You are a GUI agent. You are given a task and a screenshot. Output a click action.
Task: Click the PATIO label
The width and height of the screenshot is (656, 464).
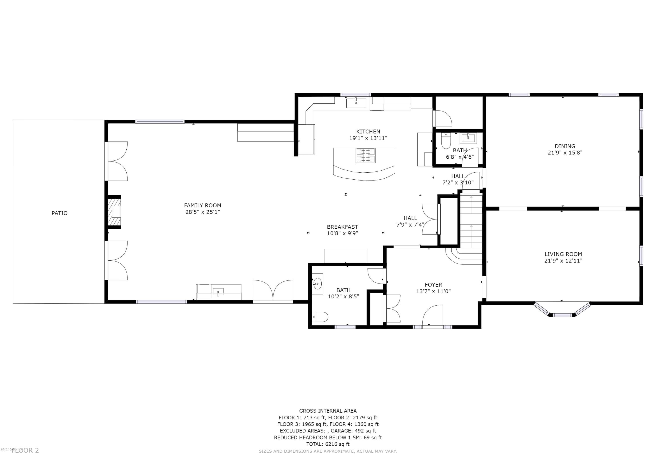coord(59,213)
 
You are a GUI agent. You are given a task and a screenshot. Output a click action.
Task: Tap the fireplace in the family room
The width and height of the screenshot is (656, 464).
coord(115,212)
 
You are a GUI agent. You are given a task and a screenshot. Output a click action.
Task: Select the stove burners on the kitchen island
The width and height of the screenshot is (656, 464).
coord(365,156)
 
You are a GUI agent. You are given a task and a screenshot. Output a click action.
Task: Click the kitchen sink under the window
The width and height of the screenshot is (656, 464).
coord(356,103)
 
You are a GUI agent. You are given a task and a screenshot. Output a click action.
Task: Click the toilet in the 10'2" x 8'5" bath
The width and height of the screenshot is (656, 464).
coord(320,317)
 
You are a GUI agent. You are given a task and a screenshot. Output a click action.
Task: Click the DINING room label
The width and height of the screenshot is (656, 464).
coord(565,146)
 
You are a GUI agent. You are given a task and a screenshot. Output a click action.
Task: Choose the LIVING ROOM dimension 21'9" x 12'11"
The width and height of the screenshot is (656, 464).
coord(563,261)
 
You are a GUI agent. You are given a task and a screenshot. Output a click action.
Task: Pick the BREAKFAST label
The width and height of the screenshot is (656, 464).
coord(342,227)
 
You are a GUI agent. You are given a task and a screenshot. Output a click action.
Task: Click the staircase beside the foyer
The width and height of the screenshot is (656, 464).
coord(471,222)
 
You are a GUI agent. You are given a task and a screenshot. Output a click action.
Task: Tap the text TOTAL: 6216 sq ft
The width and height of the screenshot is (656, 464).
coord(328,444)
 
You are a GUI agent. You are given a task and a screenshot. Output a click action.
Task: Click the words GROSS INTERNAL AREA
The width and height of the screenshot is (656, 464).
coord(328,411)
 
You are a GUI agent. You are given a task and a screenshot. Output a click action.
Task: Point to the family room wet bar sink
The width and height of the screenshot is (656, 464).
coord(218,292)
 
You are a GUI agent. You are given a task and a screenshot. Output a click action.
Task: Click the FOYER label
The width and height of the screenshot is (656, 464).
coord(433,285)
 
